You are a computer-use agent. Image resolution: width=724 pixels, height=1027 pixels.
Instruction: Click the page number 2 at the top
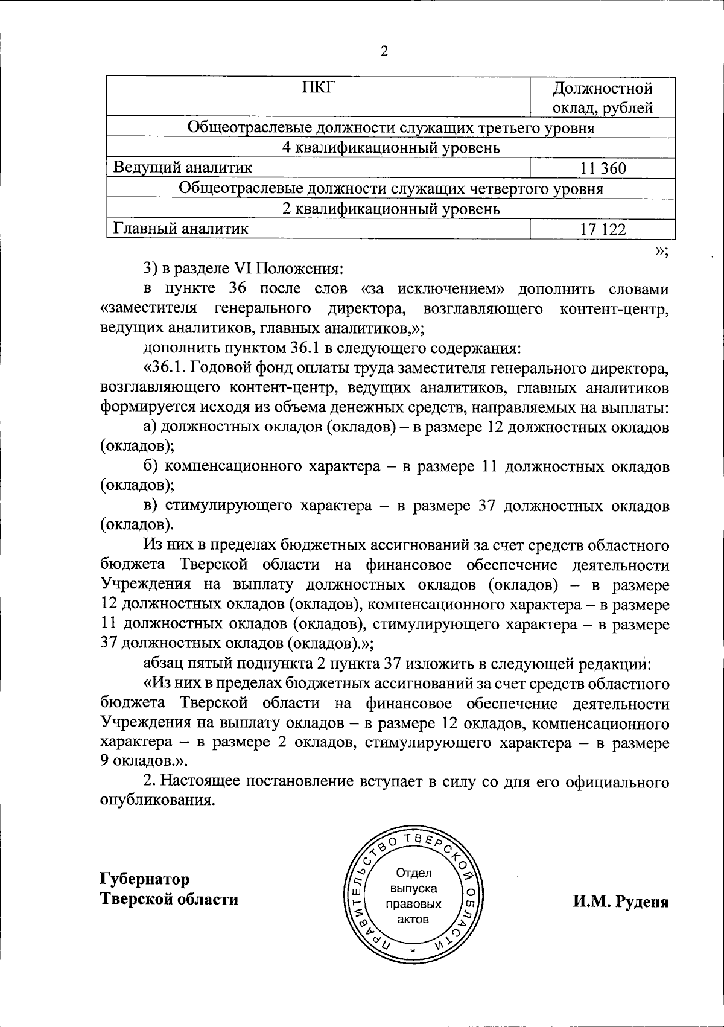click(x=384, y=51)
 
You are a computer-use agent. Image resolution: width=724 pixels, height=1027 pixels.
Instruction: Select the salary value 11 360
click(x=603, y=168)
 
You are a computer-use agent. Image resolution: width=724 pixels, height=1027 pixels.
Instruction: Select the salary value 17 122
click(x=603, y=229)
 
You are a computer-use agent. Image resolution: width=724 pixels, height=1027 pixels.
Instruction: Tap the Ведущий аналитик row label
click(x=183, y=167)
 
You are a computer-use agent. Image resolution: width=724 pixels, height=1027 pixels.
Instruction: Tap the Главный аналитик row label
click(x=180, y=228)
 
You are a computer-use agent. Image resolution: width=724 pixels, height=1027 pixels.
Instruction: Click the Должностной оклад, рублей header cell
click(x=603, y=98)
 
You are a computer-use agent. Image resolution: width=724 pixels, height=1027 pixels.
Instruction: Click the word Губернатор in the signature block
click(x=145, y=879)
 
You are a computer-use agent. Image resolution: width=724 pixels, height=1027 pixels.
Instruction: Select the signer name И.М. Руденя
click(x=621, y=901)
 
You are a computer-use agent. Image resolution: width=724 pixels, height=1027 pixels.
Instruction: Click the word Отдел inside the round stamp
click(x=413, y=873)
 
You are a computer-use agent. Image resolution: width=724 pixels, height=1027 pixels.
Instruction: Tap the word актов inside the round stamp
click(x=413, y=920)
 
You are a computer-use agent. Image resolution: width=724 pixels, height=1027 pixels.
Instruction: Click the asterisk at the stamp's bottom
click(x=413, y=952)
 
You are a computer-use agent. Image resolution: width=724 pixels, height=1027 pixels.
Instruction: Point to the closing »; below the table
click(x=661, y=252)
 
